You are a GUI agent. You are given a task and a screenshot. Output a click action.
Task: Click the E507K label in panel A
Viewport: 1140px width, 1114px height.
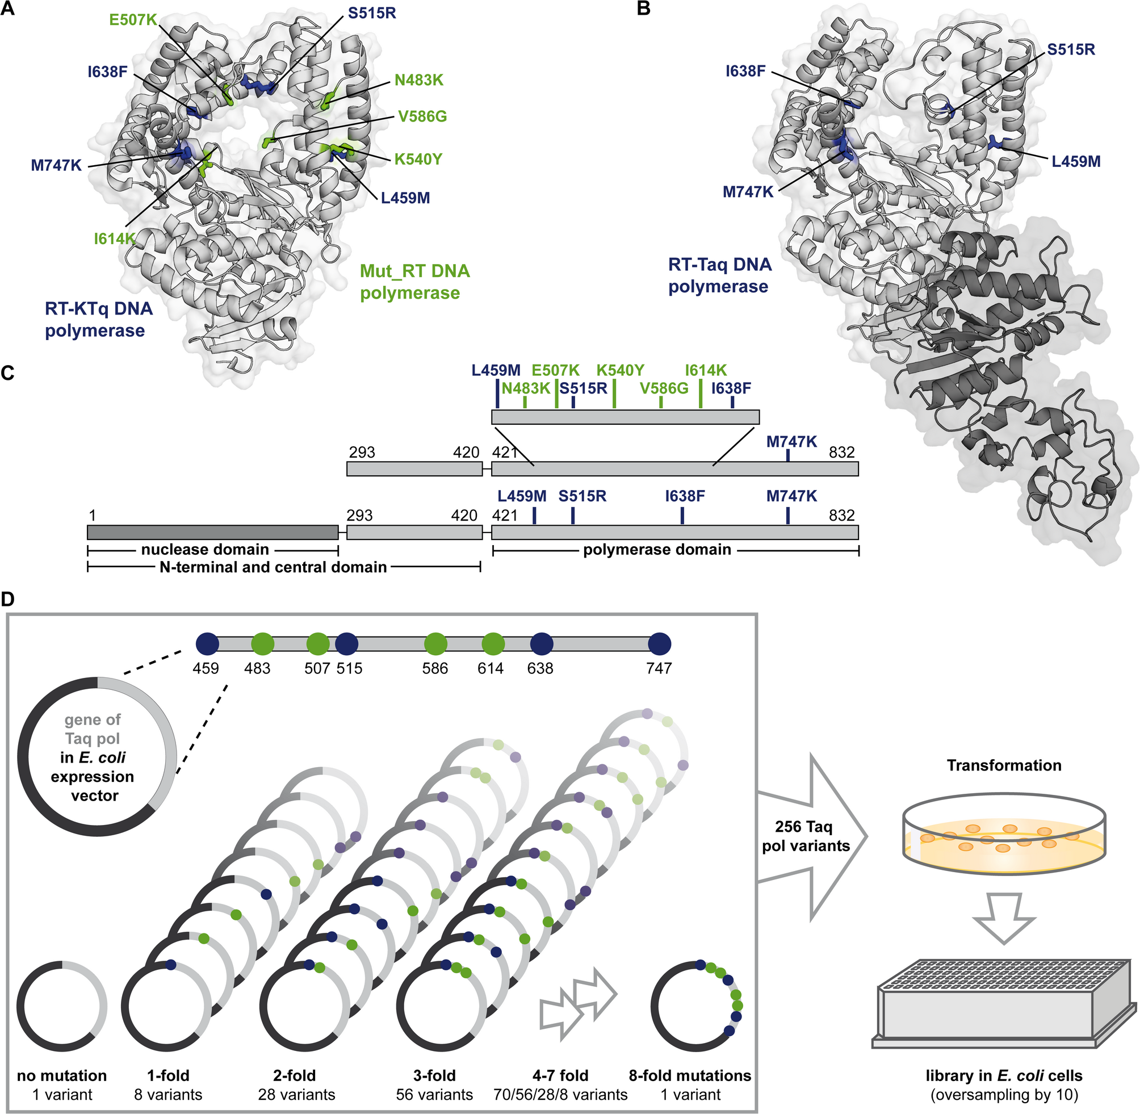tap(133, 20)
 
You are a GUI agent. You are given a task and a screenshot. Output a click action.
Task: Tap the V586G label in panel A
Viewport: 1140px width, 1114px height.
tap(422, 116)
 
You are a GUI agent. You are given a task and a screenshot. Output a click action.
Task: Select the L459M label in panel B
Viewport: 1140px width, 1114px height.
tap(1076, 161)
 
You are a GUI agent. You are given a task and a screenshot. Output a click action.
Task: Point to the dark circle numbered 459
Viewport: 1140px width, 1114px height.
tap(207, 644)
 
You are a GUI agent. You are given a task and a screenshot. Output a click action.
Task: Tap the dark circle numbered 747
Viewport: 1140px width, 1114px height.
tap(660, 644)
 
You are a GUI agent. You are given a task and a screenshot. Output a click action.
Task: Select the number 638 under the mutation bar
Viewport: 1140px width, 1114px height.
tap(540, 668)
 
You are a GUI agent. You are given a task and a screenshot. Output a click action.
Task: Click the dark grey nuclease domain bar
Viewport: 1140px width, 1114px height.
tap(212, 532)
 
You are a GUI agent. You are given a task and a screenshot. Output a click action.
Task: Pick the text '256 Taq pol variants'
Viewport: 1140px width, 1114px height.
tap(805, 836)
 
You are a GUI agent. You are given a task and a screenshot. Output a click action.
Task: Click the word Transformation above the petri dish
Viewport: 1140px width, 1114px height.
tap(1004, 765)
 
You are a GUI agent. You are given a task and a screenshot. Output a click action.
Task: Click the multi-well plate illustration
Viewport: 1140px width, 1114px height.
tap(1004, 1002)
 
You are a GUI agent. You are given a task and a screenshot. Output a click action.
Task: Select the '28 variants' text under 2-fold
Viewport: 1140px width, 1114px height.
tap(296, 1095)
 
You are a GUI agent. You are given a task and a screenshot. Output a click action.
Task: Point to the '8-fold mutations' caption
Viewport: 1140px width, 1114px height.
tap(690, 1076)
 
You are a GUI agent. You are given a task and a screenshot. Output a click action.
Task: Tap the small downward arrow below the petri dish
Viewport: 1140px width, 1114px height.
tap(1004, 918)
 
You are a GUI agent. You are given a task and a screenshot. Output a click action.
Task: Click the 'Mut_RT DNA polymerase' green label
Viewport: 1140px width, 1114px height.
tap(414, 282)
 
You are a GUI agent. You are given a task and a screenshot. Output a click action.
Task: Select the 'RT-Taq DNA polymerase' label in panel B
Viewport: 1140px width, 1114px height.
tap(719, 275)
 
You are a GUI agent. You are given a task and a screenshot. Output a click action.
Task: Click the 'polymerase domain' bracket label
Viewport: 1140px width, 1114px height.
tap(657, 550)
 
